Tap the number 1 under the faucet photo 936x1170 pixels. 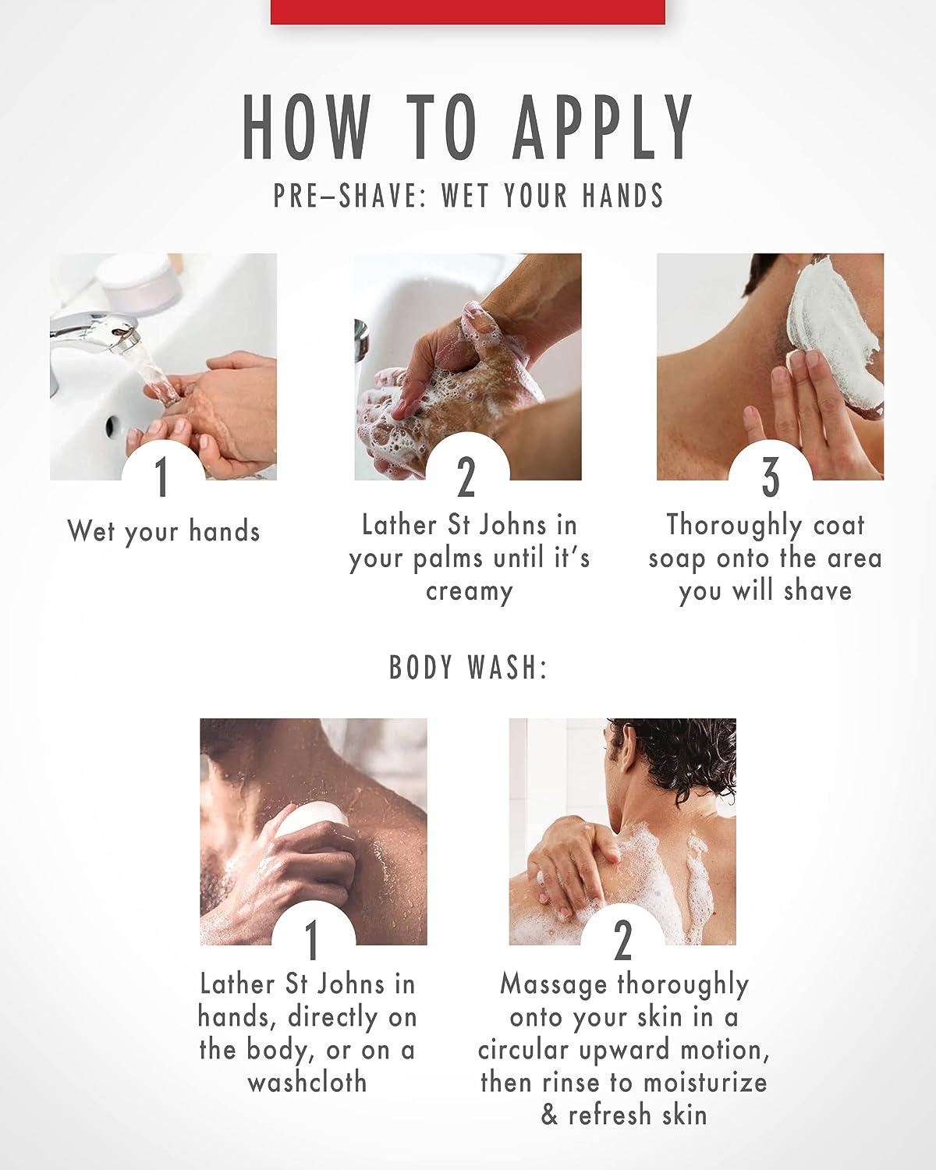click(x=161, y=477)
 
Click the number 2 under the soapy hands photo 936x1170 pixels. click(x=466, y=477)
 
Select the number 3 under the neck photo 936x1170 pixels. click(x=770, y=477)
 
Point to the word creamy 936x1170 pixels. click(x=469, y=592)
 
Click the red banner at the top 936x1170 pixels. click(x=468, y=12)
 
